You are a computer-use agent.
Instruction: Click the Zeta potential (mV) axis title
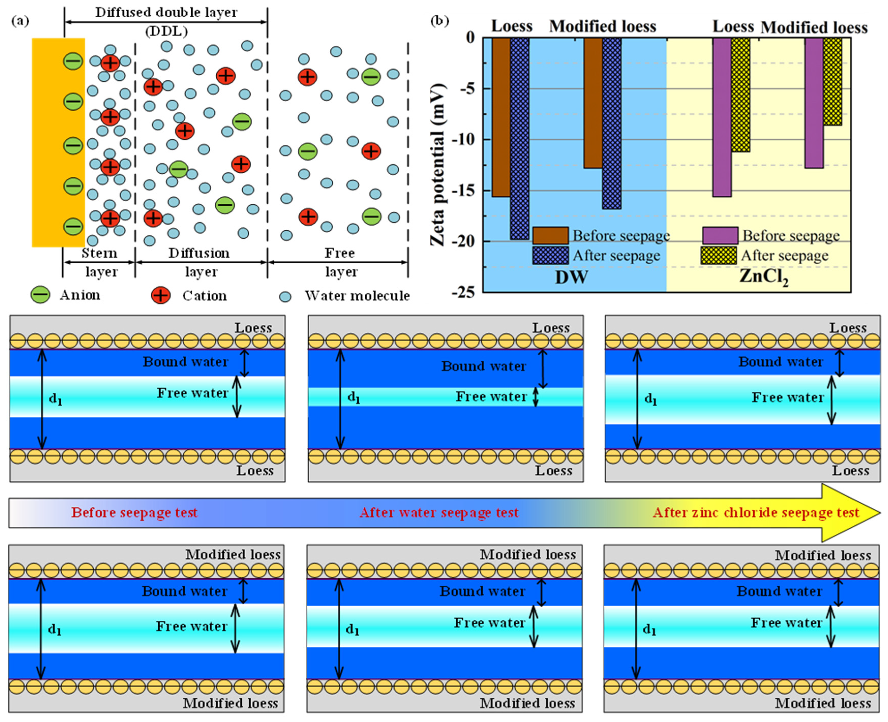click(438, 164)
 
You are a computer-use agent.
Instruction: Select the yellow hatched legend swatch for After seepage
click(718, 255)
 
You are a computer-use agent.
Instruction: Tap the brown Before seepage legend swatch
click(550, 235)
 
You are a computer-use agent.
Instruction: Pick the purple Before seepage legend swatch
click(720, 235)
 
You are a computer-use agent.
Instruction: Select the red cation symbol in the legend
click(161, 296)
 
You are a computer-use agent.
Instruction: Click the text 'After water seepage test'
click(439, 512)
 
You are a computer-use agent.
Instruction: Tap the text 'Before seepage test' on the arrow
click(134, 512)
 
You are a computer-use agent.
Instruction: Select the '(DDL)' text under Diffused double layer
click(166, 31)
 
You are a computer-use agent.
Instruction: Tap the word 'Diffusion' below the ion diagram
click(199, 253)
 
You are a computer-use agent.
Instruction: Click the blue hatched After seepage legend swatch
click(550, 255)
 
